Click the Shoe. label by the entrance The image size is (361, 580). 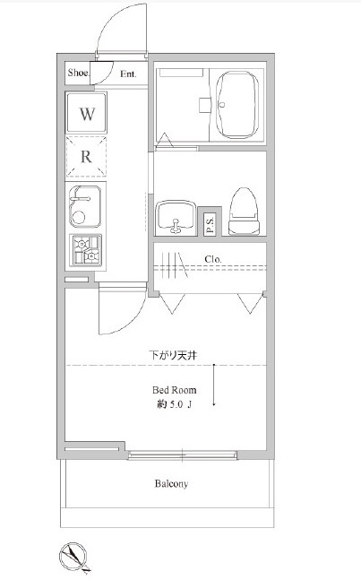pyautogui.click(x=78, y=73)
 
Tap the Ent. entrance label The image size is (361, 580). pyautogui.click(x=128, y=74)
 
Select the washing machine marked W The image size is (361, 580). pyautogui.click(x=87, y=113)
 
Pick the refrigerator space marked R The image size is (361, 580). pyautogui.click(x=87, y=157)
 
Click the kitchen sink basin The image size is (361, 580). pyautogui.click(x=85, y=206)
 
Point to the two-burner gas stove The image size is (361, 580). pyautogui.click(x=85, y=250)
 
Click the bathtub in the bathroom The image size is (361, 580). pyautogui.click(x=237, y=105)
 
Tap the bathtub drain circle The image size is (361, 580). pyautogui.click(x=222, y=104)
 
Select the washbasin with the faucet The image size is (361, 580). pyautogui.click(x=176, y=218)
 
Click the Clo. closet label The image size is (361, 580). pyautogui.click(x=213, y=259)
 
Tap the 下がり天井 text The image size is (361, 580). pyautogui.click(x=173, y=356)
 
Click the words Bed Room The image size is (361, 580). pyautogui.click(x=175, y=390)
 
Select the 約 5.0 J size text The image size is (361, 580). pyautogui.click(x=174, y=404)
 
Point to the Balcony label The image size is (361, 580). pyautogui.click(x=171, y=483)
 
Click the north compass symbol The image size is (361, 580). pyautogui.click(x=73, y=557)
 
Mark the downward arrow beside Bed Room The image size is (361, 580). pyautogui.click(x=214, y=385)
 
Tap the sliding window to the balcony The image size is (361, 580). pyautogui.click(x=182, y=455)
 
